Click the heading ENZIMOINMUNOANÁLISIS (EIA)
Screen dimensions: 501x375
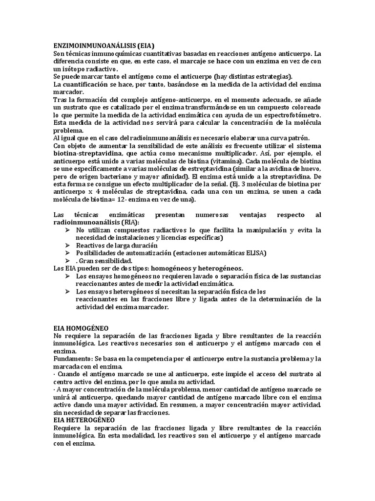[100, 45]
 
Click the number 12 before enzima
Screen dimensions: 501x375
[132, 200]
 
